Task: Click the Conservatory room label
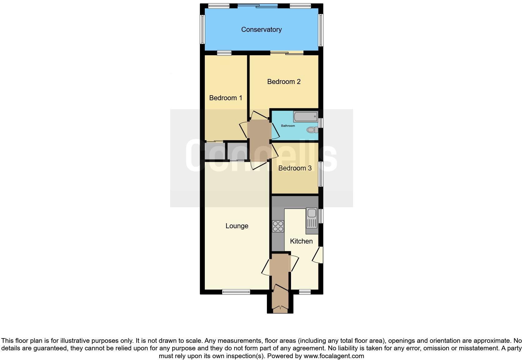click(x=261, y=30)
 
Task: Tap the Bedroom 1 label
click(x=225, y=98)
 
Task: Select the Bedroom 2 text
click(x=284, y=82)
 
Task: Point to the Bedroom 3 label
click(x=295, y=168)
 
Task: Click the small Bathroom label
click(x=288, y=126)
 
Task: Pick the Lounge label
click(x=237, y=226)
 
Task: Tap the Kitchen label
click(x=301, y=241)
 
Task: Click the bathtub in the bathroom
click(x=305, y=117)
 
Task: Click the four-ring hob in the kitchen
click(x=278, y=226)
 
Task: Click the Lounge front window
click(x=236, y=292)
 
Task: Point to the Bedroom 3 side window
click(x=321, y=174)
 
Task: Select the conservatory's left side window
click(x=202, y=29)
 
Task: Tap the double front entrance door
click(x=280, y=309)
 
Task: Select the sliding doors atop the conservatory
click(x=258, y=6)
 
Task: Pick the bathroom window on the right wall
click(x=321, y=122)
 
